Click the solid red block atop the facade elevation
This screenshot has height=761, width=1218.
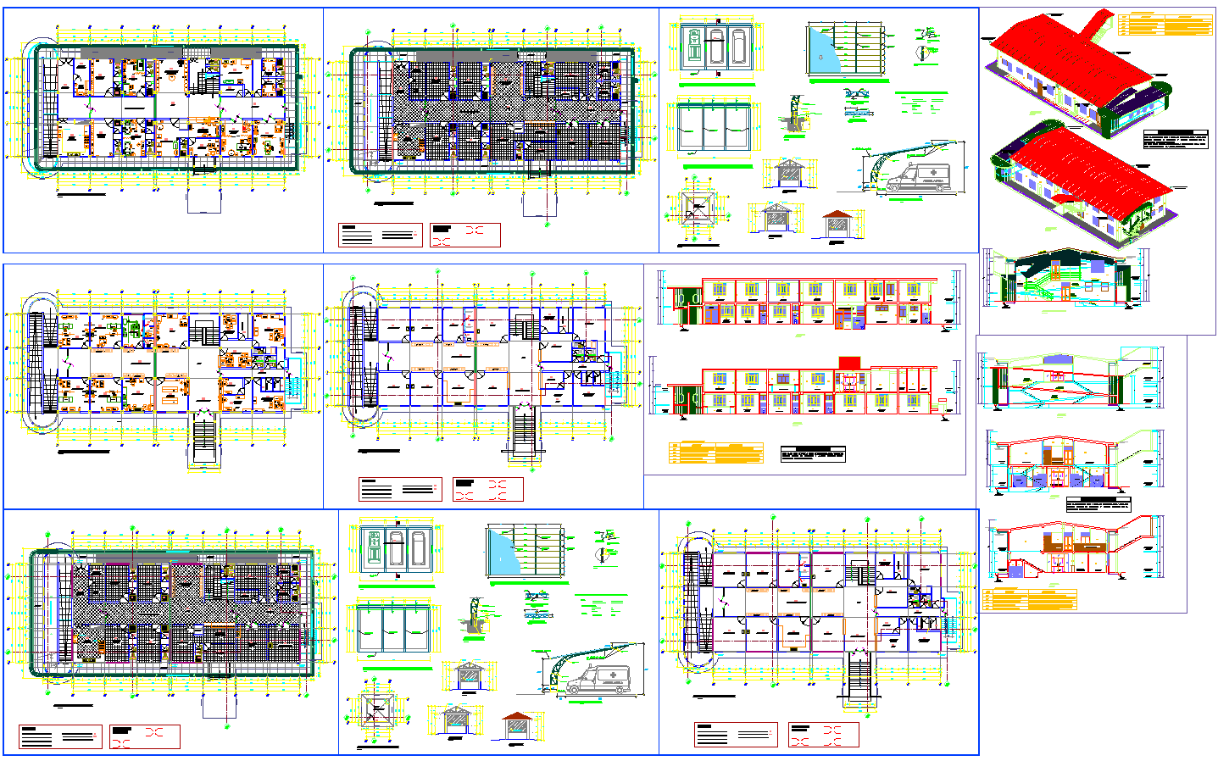pyautogui.click(x=849, y=363)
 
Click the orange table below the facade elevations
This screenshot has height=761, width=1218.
pyautogui.click(x=716, y=453)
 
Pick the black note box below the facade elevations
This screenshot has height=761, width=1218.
pyautogui.click(x=813, y=454)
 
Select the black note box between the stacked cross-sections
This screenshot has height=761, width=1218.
pyautogui.click(x=1098, y=505)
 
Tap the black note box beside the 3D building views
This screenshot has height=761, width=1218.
pyautogui.click(x=1175, y=140)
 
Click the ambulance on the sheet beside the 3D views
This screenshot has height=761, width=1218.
pyautogui.click(x=920, y=178)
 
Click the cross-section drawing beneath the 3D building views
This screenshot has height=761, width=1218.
pyautogui.click(x=1064, y=278)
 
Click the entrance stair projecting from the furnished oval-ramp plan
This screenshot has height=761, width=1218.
pyautogui.click(x=204, y=439)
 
